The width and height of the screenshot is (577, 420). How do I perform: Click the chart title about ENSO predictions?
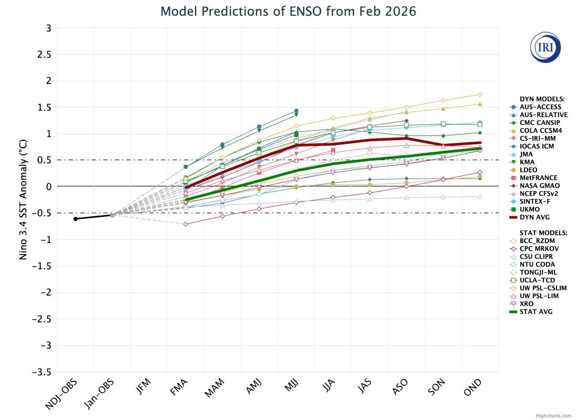click(x=288, y=11)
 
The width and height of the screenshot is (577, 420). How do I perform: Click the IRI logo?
click(x=546, y=47)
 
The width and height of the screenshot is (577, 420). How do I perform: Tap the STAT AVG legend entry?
click(x=537, y=311)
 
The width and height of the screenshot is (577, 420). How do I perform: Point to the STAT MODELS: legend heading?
click(x=543, y=233)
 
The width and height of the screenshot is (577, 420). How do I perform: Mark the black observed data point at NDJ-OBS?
click(x=76, y=218)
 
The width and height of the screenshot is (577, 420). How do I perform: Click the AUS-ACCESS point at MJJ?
click(x=296, y=111)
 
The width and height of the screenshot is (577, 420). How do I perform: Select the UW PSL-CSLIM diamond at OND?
click(x=480, y=94)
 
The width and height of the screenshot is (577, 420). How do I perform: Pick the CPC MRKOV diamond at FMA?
click(x=186, y=224)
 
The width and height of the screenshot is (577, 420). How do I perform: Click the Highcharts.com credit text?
click(x=554, y=415)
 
